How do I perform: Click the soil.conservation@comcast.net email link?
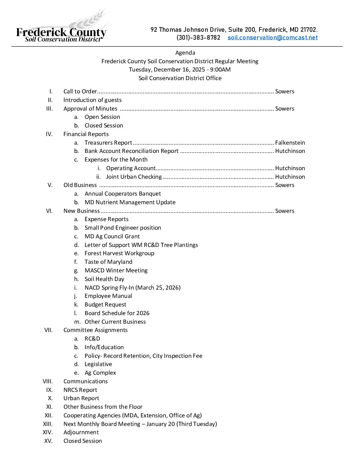click(x=272, y=38)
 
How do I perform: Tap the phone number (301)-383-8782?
click(x=198, y=38)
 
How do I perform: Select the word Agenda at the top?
click(x=185, y=53)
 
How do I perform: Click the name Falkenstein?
click(x=290, y=143)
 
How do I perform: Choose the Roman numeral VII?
click(x=48, y=330)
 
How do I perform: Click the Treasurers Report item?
click(x=108, y=143)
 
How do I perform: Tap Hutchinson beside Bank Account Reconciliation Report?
click(x=290, y=151)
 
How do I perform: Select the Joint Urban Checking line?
click(x=134, y=177)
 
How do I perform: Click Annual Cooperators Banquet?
click(x=122, y=194)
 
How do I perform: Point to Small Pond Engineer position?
click(x=123, y=228)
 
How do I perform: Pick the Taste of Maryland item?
click(x=108, y=262)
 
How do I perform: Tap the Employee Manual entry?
click(x=108, y=296)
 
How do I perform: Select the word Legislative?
click(x=98, y=364)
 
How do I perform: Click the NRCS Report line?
click(x=80, y=390)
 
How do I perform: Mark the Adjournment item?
click(x=81, y=432)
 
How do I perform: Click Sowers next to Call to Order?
click(x=285, y=91)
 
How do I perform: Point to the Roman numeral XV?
click(x=48, y=441)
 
